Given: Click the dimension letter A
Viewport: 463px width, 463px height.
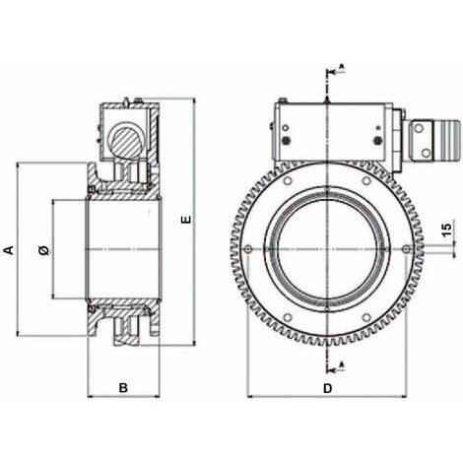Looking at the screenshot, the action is pyautogui.click(x=9, y=250).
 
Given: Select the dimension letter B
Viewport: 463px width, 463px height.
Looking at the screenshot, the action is pyautogui.click(x=123, y=388).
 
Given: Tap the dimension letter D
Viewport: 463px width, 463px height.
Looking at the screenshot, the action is pyautogui.click(x=328, y=388).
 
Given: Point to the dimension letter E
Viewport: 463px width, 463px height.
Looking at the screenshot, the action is pyautogui.click(x=186, y=220).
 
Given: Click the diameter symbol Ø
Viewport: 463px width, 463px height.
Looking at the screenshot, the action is pyautogui.click(x=44, y=250).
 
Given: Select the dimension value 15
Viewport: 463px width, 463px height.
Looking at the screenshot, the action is pyautogui.click(x=446, y=229).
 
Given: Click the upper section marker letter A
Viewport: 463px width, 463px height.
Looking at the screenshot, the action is pyautogui.click(x=342, y=67).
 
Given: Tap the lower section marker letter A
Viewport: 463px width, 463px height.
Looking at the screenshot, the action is pyautogui.click(x=342, y=364).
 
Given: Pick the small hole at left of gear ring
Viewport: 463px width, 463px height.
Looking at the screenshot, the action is pyautogui.click(x=248, y=249).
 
